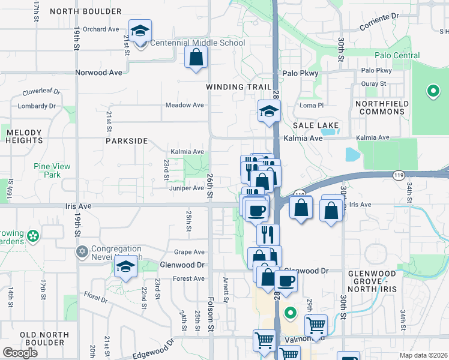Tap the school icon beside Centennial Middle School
[140, 32]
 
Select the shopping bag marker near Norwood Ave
[196, 58]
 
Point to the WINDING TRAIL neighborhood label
[239, 87]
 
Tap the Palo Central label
[397, 56]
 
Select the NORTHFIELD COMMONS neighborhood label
[382, 108]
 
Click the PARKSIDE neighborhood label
[126, 141]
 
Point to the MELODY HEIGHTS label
[24, 136]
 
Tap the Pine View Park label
[52, 170]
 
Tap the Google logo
[20, 353]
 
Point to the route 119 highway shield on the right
[398, 175]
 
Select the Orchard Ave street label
[101, 29]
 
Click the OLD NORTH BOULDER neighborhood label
[42, 338]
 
